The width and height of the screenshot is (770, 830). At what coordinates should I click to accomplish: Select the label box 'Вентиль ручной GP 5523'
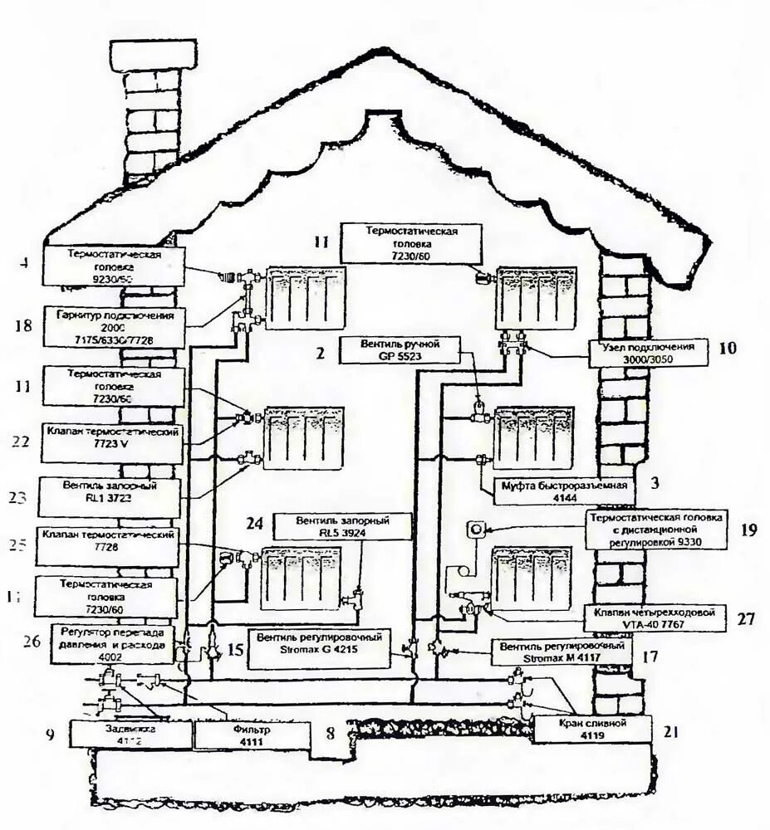click(x=399, y=349)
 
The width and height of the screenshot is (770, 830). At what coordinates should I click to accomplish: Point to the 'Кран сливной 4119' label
click(x=591, y=729)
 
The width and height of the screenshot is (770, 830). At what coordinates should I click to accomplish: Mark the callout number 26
click(x=31, y=641)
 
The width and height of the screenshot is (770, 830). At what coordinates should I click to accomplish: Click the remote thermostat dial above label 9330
click(x=478, y=528)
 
